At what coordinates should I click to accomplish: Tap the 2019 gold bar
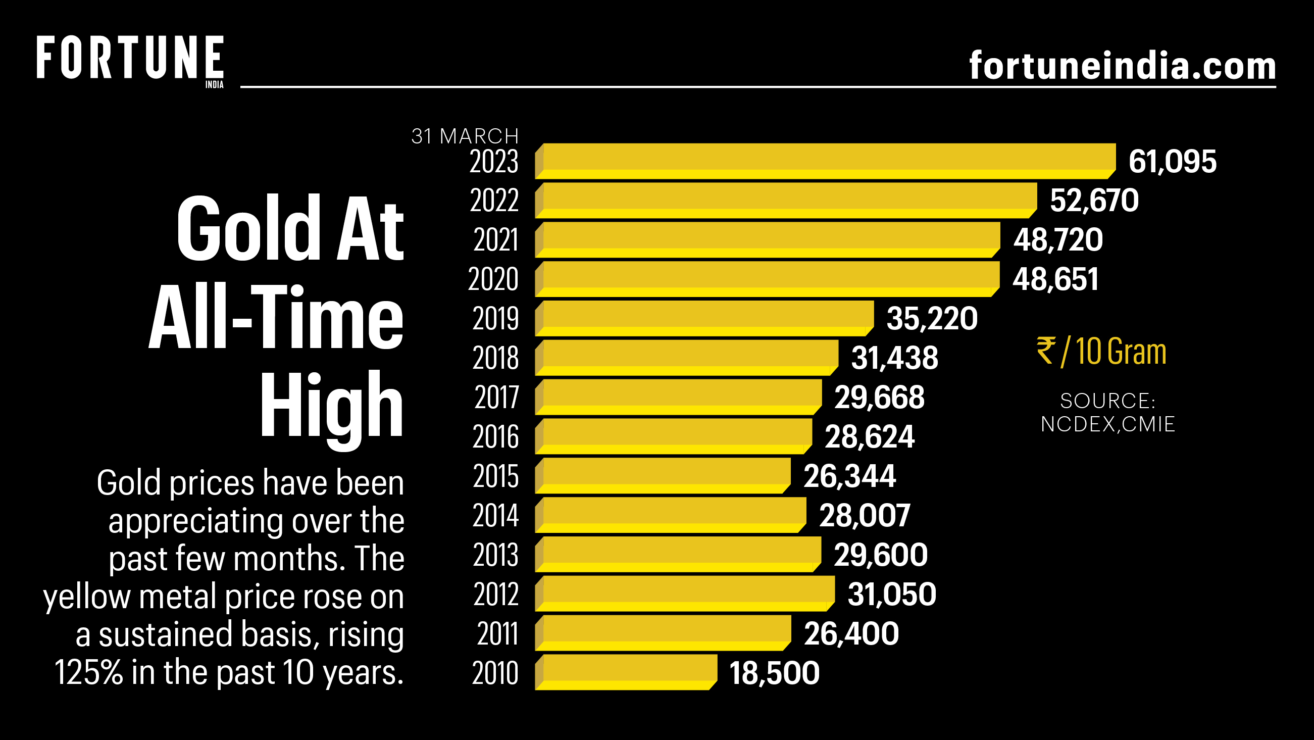tap(704, 318)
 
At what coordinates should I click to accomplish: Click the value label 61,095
tap(1172, 161)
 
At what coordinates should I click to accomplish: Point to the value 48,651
tap(1055, 279)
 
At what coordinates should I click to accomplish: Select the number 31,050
tap(892, 594)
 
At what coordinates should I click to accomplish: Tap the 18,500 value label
tap(774, 673)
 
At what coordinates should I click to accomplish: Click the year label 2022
tap(494, 200)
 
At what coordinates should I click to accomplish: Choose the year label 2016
tap(495, 437)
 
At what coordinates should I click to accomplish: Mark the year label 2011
tap(497, 633)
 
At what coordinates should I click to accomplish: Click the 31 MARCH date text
tap(465, 136)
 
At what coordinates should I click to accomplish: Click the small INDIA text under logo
tap(214, 85)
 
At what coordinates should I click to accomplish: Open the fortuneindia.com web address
tap(1122, 66)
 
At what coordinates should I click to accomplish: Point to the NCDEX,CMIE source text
tap(1107, 424)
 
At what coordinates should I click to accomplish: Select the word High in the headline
tap(332, 406)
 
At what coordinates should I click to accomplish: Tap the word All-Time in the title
tap(276, 317)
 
